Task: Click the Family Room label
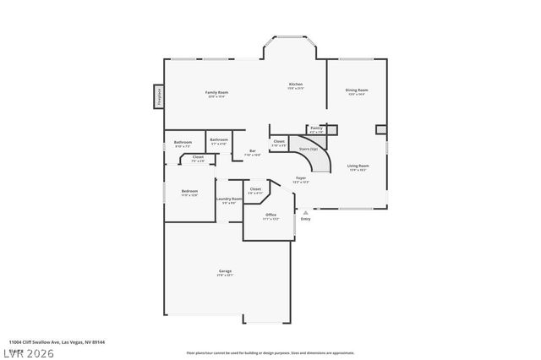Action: tap(217, 92)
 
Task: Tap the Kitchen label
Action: tap(296, 85)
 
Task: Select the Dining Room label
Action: tap(357, 90)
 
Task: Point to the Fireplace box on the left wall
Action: tap(158, 95)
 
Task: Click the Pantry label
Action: tap(316, 128)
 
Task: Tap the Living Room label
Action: tap(358, 166)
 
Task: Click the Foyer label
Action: tap(300, 179)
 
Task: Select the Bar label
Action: tap(252, 151)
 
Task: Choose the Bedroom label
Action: tap(189, 192)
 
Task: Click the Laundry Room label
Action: tap(229, 199)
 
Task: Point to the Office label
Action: tap(271, 215)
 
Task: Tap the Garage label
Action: tap(225, 271)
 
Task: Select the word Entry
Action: tap(306, 219)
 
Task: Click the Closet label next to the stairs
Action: tap(279, 141)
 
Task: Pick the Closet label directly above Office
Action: tap(255, 189)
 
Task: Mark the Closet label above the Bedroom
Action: tap(198, 157)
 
